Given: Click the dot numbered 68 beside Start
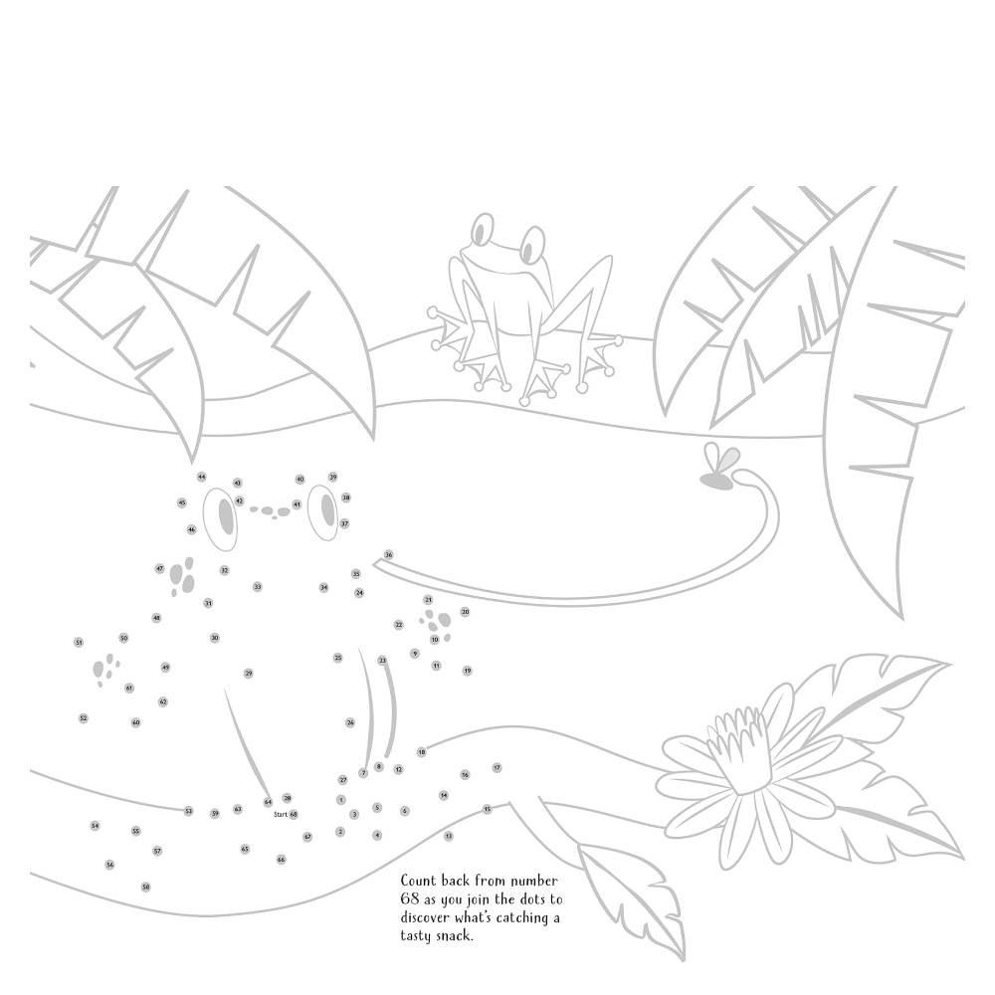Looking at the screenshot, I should coord(294,814).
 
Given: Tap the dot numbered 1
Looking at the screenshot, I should coord(341,799).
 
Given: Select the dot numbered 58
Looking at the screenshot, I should coord(145,887).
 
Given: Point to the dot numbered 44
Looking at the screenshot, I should coord(201,478).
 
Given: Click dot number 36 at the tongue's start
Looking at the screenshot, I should coord(388,554).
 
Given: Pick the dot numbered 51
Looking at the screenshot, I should coord(78,643).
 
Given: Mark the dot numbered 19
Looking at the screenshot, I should coord(467,671).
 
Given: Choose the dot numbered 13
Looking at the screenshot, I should coord(449,836).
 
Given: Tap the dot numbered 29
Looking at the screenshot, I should coord(248,674).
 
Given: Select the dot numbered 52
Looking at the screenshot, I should coord(83,717).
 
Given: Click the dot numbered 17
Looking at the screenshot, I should coord(497,767).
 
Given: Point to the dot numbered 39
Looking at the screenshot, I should coord(332,478).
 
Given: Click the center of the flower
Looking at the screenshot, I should coord(734,747).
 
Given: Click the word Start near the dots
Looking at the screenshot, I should coord(280,814).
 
